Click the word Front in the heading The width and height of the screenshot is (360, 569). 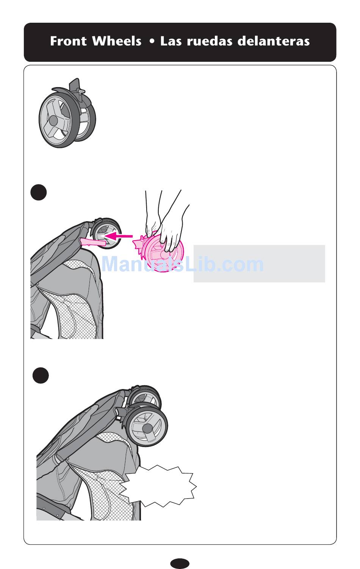[x=68, y=41]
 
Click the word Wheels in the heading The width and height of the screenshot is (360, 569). [x=117, y=41]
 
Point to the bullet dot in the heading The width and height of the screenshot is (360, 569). [x=152, y=41]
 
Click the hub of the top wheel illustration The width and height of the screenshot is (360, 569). [x=53, y=120]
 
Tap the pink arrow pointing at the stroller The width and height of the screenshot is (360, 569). [x=118, y=236]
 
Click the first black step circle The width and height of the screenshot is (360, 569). [x=39, y=192]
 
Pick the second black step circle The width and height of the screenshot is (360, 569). [x=41, y=375]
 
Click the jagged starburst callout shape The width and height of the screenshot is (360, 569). [x=158, y=486]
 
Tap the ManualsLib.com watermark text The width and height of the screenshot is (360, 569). [x=182, y=264]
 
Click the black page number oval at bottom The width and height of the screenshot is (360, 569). [x=180, y=563]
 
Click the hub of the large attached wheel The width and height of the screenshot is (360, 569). [x=148, y=429]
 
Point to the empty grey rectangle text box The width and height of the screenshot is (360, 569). [x=259, y=263]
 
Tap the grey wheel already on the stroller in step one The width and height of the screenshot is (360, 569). [x=106, y=233]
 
